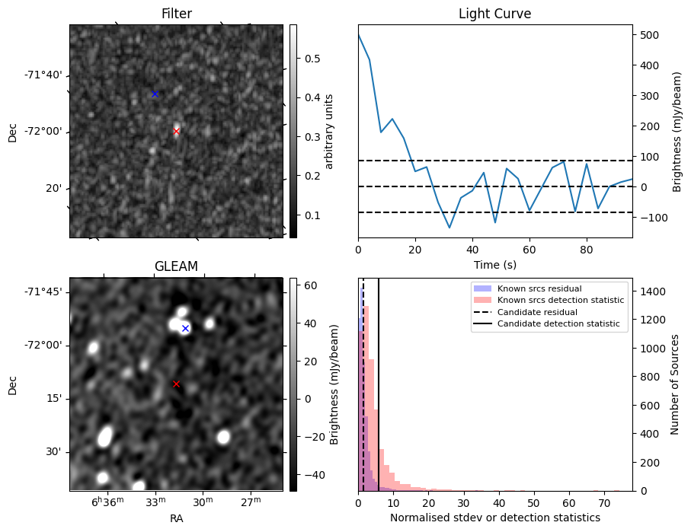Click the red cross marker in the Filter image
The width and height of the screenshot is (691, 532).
click(x=177, y=131)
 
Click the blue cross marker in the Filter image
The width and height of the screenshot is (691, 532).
click(x=155, y=94)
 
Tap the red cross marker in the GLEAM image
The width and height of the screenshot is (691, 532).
click(x=176, y=384)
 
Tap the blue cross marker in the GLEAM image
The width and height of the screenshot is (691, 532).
click(x=185, y=328)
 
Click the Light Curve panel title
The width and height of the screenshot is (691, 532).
click(x=494, y=14)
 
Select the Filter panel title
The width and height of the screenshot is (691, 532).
click(x=176, y=14)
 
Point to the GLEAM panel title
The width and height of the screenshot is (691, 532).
click(x=176, y=266)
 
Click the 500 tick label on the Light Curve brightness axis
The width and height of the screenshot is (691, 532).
click(x=648, y=35)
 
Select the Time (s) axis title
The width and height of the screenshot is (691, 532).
click(x=494, y=263)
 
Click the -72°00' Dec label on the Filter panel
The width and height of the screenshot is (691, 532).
click(x=43, y=132)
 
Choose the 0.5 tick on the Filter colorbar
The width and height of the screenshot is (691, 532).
click(x=312, y=59)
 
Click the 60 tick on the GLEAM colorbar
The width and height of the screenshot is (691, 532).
click(x=309, y=286)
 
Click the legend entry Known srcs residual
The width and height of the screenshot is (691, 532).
click(x=539, y=288)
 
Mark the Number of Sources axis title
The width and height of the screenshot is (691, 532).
click(x=675, y=384)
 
